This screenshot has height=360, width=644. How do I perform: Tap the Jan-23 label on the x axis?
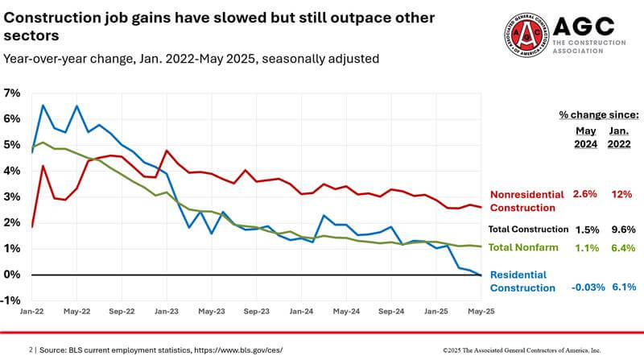click(167, 309)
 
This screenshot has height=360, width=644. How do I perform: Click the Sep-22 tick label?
click(122, 309)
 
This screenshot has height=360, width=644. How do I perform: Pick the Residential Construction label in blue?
click(524, 282)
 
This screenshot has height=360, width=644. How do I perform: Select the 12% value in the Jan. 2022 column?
click(621, 194)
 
